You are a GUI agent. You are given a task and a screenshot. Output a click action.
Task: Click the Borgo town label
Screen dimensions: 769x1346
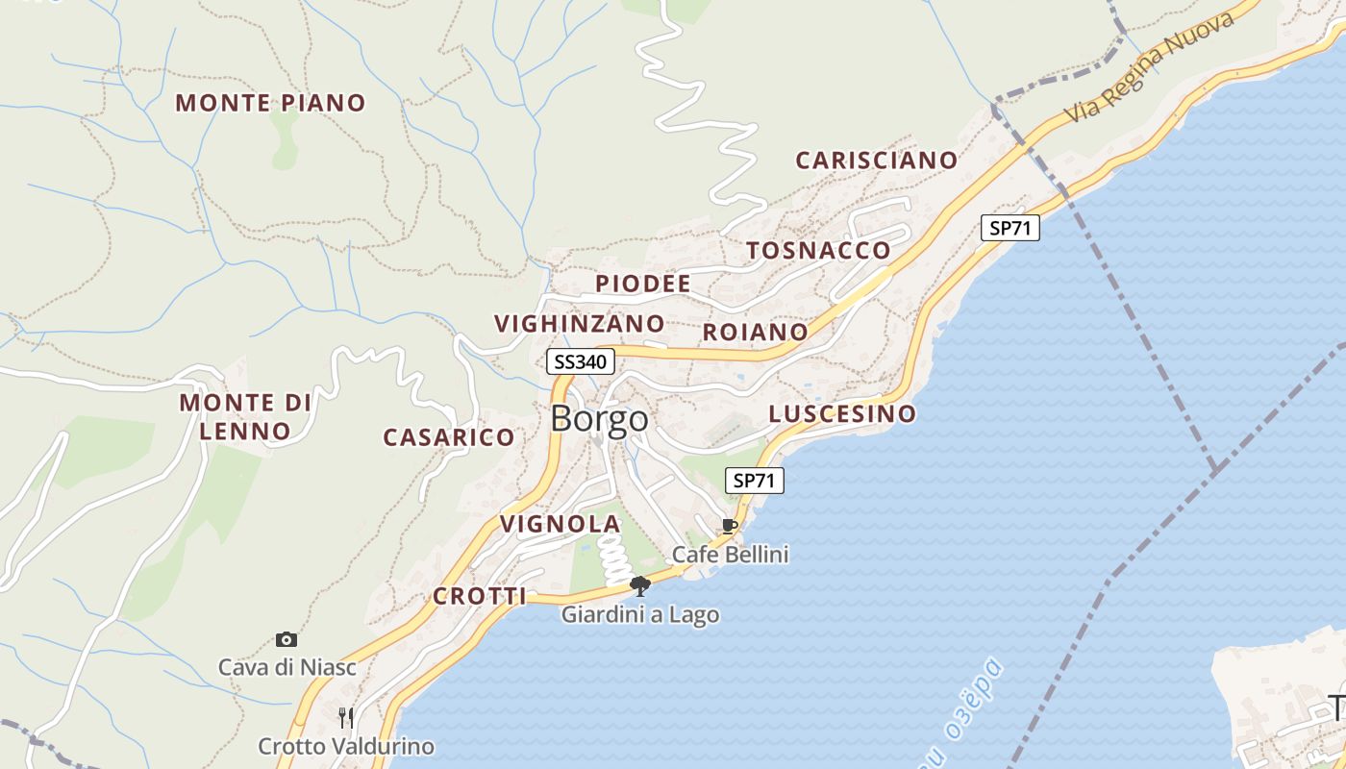coord(600,419)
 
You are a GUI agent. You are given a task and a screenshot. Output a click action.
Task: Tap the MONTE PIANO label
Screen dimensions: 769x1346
coord(270,103)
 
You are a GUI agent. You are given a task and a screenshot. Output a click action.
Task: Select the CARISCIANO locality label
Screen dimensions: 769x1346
coord(877,160)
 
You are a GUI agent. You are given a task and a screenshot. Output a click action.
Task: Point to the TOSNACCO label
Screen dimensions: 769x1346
coord(819,250)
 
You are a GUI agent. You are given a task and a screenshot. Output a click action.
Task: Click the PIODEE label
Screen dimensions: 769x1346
coord(643,284)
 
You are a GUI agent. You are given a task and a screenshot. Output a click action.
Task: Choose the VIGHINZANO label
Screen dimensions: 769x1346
coord(580,323)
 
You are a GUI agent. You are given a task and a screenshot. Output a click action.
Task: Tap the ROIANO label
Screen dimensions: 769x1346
coord(756,333)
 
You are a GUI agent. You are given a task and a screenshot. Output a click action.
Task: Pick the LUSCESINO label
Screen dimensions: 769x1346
coord(842,414)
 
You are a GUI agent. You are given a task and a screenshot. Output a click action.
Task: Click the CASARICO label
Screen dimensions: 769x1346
coord(449,437)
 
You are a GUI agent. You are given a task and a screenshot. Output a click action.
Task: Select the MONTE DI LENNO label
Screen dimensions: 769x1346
coord(246,416)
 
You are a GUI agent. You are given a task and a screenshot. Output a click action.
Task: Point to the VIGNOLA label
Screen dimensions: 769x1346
coord(561,524)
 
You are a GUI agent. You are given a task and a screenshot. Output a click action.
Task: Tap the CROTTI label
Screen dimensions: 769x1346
coord(480,596)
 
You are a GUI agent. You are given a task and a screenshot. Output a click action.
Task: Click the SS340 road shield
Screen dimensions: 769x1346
coord(581,361)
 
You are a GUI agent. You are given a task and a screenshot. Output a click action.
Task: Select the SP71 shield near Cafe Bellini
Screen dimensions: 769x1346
coord(755,481)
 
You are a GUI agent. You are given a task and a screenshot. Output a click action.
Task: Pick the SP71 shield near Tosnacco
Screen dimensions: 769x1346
coord(1010,227)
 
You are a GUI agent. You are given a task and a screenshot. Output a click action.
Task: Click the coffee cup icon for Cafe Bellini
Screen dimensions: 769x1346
coord(730,526)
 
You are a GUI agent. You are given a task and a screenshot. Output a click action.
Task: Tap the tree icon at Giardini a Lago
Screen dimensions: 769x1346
coord(640,585)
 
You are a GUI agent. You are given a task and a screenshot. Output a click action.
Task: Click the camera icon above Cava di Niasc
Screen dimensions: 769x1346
coord(286,639)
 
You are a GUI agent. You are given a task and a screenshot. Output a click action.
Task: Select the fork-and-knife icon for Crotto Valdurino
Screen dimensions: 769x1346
coord(346,717)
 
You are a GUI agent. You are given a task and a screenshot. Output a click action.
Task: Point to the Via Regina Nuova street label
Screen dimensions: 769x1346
coord(1150,67)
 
